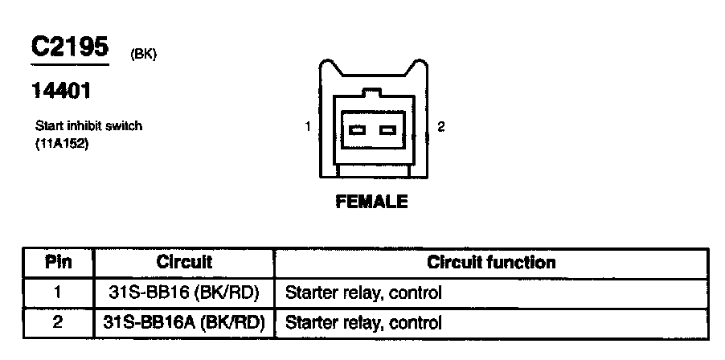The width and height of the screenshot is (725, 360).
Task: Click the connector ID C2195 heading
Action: [x=69, y=47]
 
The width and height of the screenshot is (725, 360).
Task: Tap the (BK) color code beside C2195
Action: [x=143, y=55]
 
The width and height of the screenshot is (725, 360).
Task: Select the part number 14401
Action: [x=60, y=92]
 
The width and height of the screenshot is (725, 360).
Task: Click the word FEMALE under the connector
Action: [x=371, y=202]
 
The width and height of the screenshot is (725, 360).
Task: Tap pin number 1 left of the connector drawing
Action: [x=308, y=127]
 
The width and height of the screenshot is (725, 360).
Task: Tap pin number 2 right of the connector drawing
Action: [x=440, y=127]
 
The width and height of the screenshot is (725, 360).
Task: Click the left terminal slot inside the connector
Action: [x=358, y=129]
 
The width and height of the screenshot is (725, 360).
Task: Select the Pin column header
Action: [x=58, y=263]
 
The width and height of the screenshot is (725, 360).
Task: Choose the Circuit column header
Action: [x=184, y=263]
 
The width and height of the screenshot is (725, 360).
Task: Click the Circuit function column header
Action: [x=491, y=263]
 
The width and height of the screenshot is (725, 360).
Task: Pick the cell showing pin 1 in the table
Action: [x=58, y=292]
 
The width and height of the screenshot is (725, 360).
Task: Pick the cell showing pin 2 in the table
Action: [x=58, y=323]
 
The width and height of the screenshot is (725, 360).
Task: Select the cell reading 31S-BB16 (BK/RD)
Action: [x=184, y=292]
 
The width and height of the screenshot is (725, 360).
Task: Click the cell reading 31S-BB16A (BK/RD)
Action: [x=184, y=323]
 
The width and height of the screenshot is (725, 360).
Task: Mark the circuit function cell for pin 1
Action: [x=363, y=292]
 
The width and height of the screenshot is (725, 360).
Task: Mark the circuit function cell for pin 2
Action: [x=363, y=323]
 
